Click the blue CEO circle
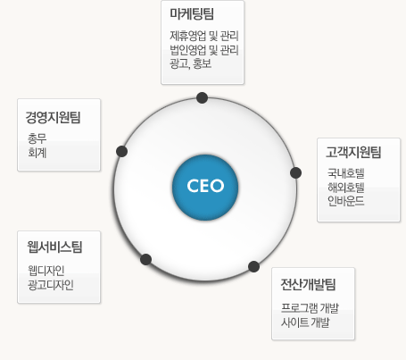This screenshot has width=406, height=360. coord(205,188)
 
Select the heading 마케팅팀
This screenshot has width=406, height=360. coord(192,13)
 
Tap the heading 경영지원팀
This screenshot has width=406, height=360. coord(53,117)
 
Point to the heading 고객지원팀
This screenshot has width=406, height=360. coord(353,152)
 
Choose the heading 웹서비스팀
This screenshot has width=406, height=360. coord(54,247)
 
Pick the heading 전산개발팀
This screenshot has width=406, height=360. coord(308,284)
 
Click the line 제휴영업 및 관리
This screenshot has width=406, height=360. coord(204,36)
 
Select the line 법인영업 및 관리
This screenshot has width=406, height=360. coord(204,50)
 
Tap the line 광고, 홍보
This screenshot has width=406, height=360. coord(191,63)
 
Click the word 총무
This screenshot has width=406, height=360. coord(37,138)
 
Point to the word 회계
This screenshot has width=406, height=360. coord(37,153)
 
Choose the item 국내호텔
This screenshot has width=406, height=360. coord(346,173)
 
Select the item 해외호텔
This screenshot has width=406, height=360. coord(346,188)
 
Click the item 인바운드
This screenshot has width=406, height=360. coord(346,201)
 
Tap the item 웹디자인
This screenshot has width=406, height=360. coord(46,271)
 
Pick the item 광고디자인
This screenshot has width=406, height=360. coord(51,285)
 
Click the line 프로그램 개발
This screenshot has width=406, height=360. coord(310,308)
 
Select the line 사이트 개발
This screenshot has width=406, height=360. coord(305,322)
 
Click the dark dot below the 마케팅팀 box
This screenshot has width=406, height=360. coord(203,97)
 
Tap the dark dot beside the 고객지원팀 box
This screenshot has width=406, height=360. coord(295,173)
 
